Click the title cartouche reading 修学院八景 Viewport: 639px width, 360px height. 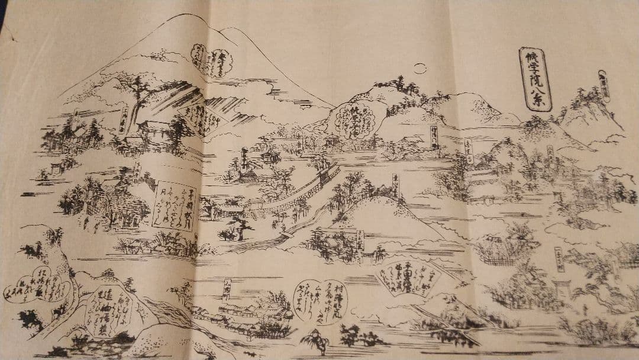tap(535, 78)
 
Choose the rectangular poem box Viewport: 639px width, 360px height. tap(174, 207)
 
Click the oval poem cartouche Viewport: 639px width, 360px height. tap(319, 301)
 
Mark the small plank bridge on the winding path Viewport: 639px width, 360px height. tap(284, 235)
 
